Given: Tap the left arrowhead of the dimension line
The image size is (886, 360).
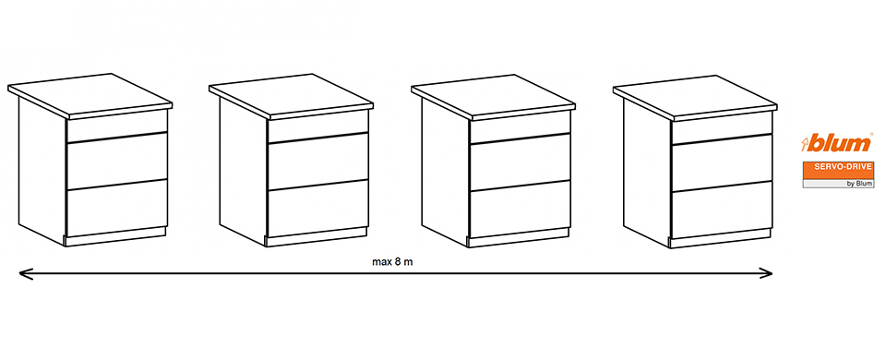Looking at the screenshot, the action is point(24,274).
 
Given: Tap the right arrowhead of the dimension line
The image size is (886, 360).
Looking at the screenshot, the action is point(767,274).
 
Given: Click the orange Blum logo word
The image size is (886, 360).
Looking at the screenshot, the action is point(837,144).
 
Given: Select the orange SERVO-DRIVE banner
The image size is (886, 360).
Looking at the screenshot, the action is point(838,170).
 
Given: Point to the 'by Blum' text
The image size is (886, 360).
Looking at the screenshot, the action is point(859,184).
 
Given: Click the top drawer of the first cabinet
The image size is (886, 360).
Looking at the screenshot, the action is point(117,126).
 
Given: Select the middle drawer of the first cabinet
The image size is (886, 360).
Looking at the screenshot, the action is point(117,161).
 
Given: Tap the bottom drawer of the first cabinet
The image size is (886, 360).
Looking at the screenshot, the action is point(117,208).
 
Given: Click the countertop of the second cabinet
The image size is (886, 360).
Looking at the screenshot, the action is point(291,95).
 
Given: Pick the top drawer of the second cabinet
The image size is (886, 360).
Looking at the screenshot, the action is point(318,126).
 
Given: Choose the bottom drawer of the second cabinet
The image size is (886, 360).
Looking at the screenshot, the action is point(318,208).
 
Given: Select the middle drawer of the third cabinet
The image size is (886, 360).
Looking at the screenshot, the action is point(520,162).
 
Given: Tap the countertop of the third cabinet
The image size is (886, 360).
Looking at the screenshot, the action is point(493,97).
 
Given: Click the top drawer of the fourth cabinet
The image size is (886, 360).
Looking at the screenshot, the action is point(722,127).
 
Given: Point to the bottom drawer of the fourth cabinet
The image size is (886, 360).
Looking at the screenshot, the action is point(722,210).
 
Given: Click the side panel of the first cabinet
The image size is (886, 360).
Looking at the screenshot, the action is point(42,170).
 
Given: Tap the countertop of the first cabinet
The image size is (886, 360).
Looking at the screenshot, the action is point(90,95).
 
